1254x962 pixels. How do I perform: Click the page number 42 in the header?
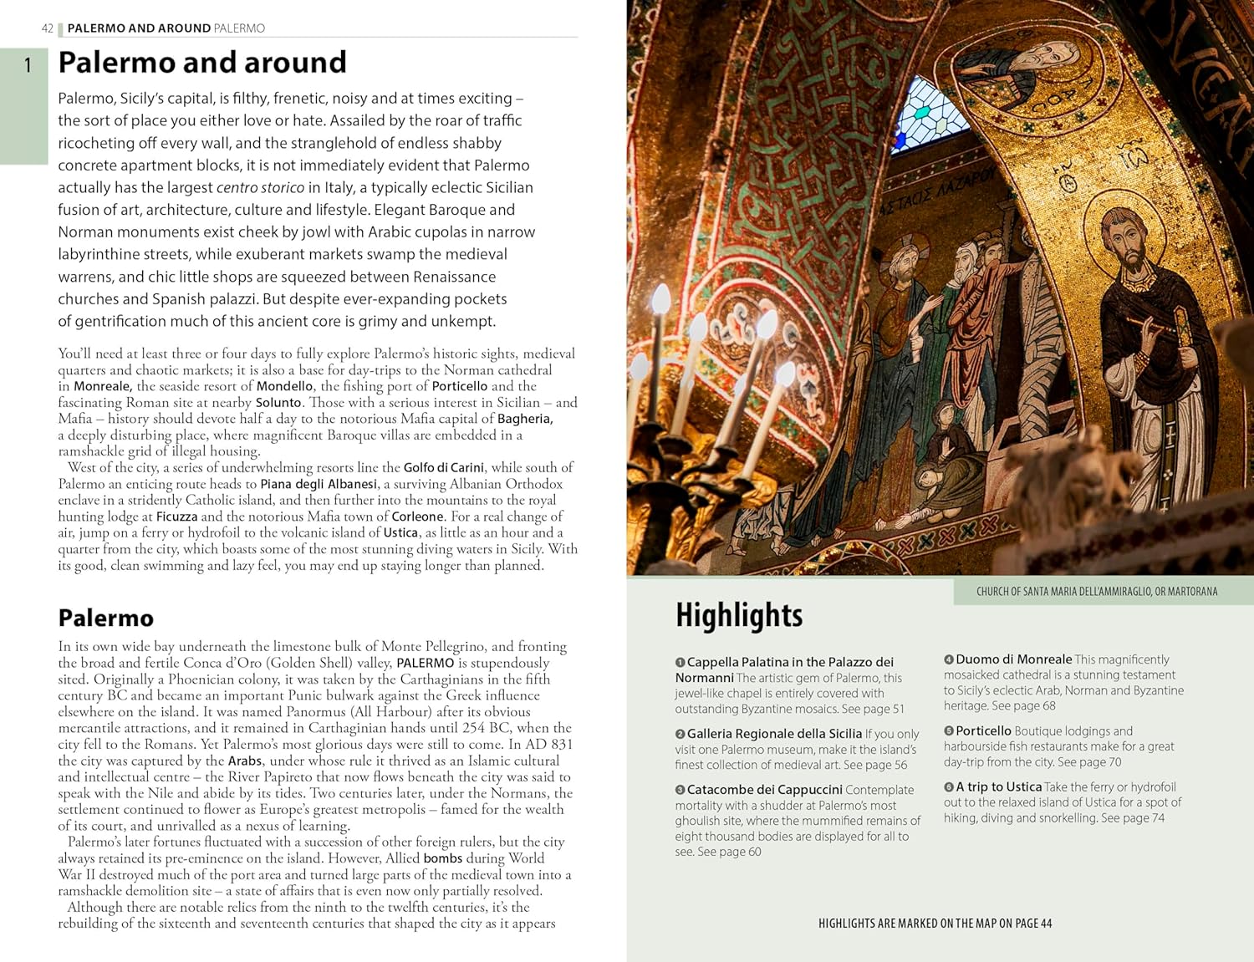pos(47,28)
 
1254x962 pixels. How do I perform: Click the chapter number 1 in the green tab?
pos(28,64)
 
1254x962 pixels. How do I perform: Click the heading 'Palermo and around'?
pos(201,63)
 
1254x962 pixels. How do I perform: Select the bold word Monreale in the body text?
pos(103,386)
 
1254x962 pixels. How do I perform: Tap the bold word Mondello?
pos(284,386)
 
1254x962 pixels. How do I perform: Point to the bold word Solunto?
pos(278,403)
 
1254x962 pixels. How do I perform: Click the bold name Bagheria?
pos(525,419)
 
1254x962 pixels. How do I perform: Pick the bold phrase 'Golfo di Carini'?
pos(443,468)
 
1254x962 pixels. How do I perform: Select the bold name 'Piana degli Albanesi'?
pos(319,484)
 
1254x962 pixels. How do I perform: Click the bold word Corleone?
pos(417,517)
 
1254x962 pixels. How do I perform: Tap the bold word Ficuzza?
pos(176,517)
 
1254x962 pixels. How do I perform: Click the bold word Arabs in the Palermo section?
pos(245,761)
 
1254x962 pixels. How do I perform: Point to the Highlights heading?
pos(739,615)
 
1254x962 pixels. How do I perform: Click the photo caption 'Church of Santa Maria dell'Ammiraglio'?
pos(1096,592)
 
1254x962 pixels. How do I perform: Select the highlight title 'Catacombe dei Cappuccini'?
pos(764,790)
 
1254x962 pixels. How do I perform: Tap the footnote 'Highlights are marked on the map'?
pos(935,924)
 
